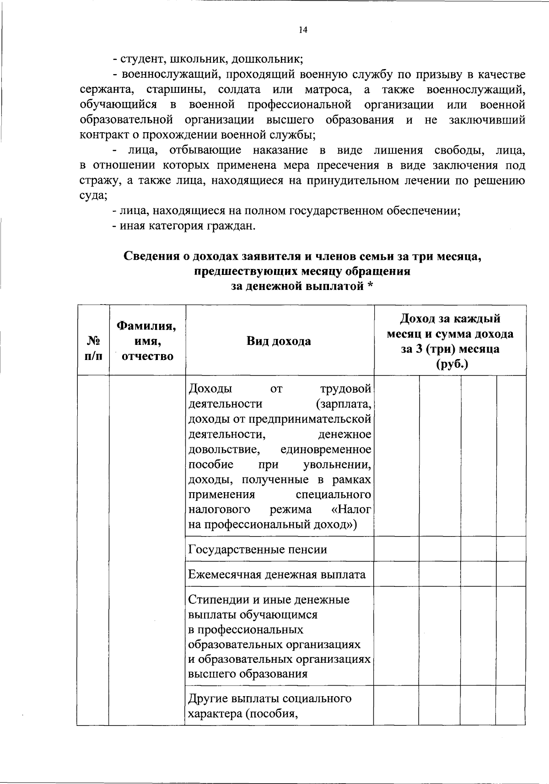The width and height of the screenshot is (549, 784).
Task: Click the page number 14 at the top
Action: click(x=302, y=30)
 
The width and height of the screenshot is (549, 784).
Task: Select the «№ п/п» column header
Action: click(x=93, y=349)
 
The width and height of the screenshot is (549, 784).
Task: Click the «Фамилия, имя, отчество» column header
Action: click(x=147, y=341)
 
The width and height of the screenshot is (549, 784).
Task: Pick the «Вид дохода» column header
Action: click(x=279, y=341)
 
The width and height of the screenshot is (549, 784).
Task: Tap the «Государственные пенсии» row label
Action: click(x=258, y=549)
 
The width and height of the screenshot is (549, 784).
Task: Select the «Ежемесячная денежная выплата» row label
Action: click(x=277, y=574)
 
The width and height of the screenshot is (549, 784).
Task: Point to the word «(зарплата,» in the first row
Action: click(x=343, y=404)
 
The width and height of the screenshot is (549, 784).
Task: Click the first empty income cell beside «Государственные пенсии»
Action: click(x=396, y=549)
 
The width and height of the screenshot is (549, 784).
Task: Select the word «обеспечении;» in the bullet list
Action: click(x=423, y=211)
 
